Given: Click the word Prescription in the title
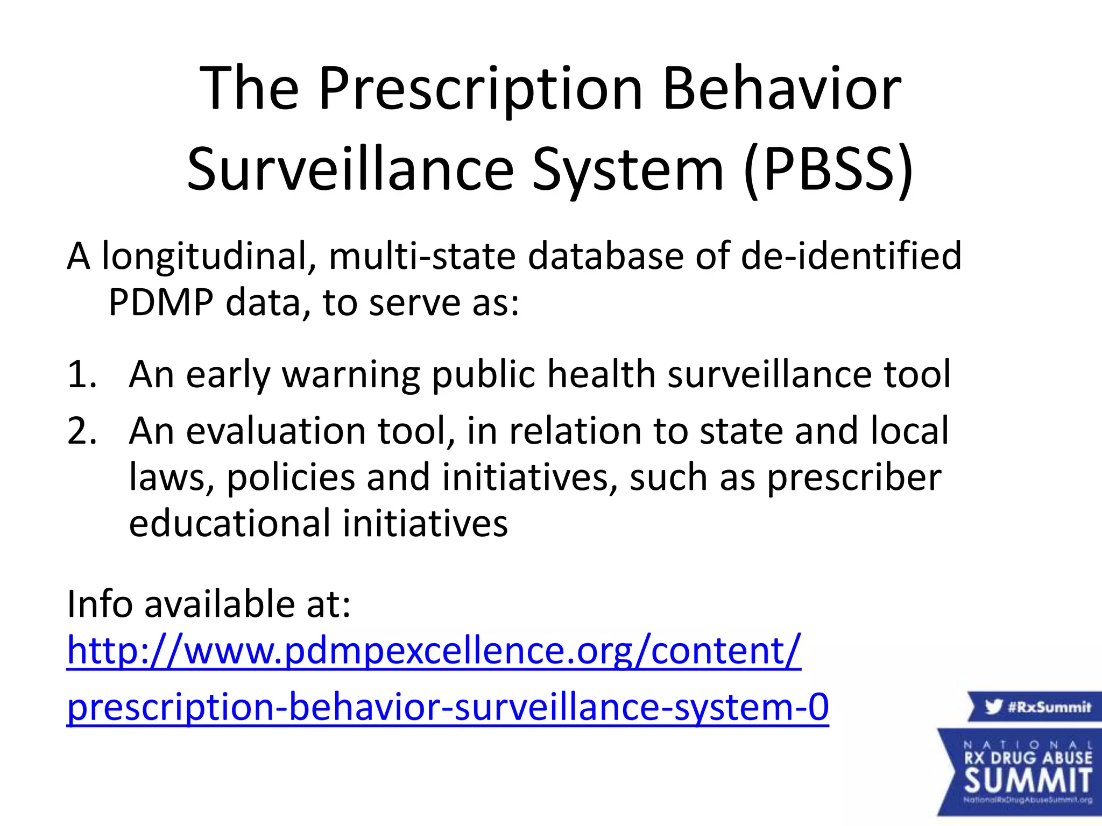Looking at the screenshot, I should (x=481, y=89).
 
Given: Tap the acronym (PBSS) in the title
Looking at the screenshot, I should (x=828, y=170).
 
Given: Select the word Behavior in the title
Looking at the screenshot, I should (x=782, y=89).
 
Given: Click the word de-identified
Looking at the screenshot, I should (x=851, y=256).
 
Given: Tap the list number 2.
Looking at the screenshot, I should (x=82, y=431).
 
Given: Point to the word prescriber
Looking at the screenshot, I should (x=854, y=478).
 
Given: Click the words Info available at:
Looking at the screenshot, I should (x=209, y=604).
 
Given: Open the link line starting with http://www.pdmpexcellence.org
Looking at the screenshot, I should (x=434, y=651).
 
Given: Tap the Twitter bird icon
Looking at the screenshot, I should (x=993, y=706).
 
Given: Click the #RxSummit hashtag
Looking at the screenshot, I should (x=1049, y=707).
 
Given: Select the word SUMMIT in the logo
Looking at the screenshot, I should (x=1028, y=780).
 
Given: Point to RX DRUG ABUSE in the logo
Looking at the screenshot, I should (x=1028, y=758).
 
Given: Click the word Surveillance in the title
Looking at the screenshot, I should (x=350, y=170).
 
